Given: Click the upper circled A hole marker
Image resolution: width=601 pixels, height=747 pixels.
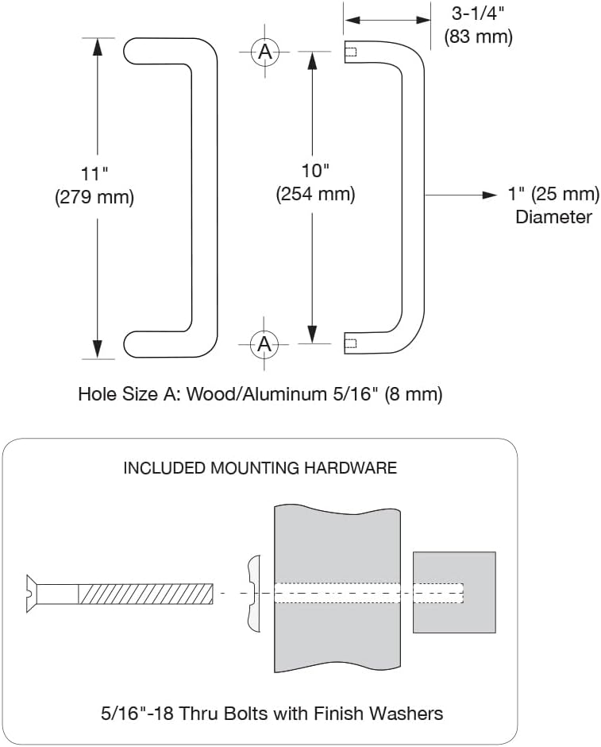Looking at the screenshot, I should [264, 52].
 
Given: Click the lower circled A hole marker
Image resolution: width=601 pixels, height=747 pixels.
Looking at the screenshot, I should [264, 344].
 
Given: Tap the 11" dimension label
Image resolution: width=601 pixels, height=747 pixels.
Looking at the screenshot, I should [94, 174].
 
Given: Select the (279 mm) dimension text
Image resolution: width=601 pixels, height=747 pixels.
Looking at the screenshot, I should [94, 197].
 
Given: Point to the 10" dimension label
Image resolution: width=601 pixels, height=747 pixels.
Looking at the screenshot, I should [314, 170].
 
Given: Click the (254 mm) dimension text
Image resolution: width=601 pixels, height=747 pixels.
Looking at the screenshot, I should [314, 193].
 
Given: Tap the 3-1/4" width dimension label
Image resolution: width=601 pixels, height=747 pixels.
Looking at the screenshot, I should [478, 14].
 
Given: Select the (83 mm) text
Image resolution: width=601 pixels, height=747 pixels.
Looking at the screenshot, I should [478, 36].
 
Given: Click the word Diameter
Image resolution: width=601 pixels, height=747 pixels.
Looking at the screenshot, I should [553, 217].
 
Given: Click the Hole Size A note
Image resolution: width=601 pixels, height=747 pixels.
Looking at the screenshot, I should [260, 393].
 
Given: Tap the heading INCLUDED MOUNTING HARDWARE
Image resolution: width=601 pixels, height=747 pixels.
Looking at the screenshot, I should [260, 468].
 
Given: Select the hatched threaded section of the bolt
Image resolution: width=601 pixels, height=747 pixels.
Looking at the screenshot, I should [146, 593].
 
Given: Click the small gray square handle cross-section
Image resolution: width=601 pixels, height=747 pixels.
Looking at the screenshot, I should [454, 592].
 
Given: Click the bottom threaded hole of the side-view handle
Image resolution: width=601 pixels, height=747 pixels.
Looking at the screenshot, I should [352, 344].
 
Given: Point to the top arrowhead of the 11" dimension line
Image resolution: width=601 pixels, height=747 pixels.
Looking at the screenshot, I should [98, 45].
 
